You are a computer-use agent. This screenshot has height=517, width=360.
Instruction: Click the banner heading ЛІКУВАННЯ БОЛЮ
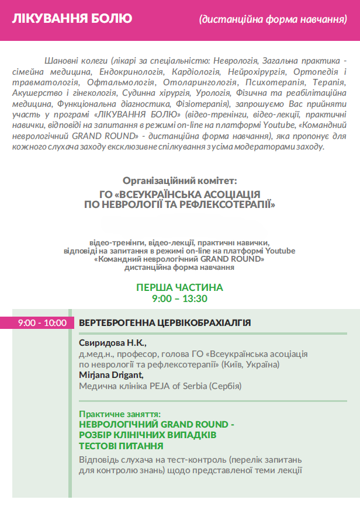coord(72,19)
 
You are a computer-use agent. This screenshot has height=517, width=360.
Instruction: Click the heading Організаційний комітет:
coord(180,181)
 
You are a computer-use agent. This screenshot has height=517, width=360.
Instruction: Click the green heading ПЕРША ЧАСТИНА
coord(179,287)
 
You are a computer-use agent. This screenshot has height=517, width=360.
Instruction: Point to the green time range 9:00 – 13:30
coord(179,299)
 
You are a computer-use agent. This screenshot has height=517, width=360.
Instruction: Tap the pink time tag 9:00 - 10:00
coord(42,322)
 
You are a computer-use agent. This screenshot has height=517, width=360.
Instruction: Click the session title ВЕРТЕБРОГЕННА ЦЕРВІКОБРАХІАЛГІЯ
coord(165,322)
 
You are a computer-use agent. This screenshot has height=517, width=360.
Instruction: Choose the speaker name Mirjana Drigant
coord(111,375)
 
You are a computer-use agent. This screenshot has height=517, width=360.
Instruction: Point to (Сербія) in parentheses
coord(225,386)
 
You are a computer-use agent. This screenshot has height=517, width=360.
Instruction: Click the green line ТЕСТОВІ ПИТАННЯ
coord(121,445)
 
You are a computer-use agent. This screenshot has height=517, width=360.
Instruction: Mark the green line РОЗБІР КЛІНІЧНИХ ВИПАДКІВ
coord(148,435)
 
